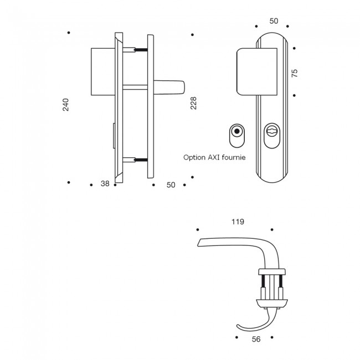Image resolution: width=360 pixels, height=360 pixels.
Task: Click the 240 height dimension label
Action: (66, 105)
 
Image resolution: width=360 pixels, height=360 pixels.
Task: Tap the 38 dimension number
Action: (105, 184)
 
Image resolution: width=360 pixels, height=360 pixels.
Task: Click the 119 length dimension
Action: (238, 222)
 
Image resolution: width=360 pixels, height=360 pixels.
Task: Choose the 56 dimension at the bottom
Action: (256, 340)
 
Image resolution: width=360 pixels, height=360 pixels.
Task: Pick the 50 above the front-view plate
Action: (274, 20)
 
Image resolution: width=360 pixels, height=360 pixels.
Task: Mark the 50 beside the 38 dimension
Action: (171, 184)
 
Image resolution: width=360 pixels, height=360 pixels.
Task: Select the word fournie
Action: (235, 157)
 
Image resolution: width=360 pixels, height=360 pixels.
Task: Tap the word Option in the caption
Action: (195, 157)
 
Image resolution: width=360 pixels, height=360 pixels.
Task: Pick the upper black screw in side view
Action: (142, 51)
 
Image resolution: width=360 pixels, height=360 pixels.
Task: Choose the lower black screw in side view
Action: (142, 161)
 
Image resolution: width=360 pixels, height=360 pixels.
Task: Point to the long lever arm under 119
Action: (233, 243)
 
